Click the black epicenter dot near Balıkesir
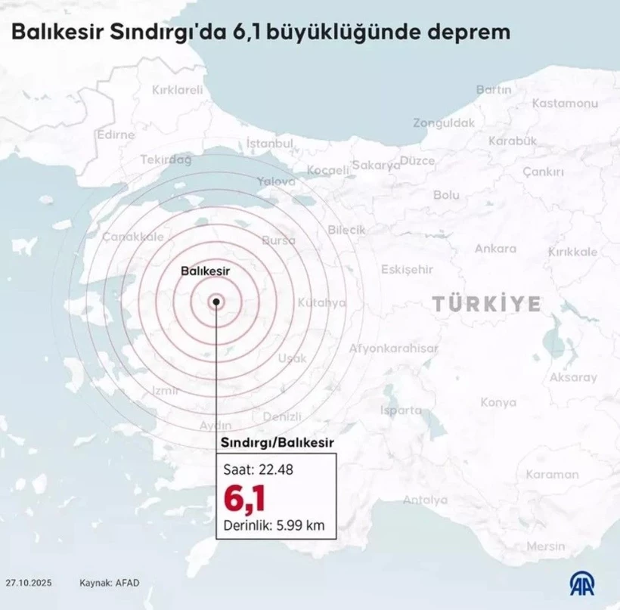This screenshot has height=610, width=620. [x=216, y=302]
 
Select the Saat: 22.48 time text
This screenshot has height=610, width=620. [x=258, y=469]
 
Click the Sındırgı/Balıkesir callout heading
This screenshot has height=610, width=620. [x=277, y=442]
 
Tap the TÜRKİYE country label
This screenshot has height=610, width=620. [x=487, y=304]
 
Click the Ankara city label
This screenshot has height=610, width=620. [x=495, y=248]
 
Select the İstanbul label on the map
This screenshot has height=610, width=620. [x=270, y=143]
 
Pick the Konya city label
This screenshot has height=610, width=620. [x=498, y=402]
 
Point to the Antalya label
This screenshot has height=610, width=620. [x=425, y=500]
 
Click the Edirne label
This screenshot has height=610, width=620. [x=116, y=135]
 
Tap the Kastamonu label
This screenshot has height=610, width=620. [x=565, y=104]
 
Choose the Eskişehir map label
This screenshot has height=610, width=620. [x=407, y=269]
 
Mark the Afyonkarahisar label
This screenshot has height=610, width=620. [x=393, y=348]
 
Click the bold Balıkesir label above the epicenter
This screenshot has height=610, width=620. [x=206, y=270]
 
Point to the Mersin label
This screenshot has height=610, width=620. [x=546, y=546]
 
